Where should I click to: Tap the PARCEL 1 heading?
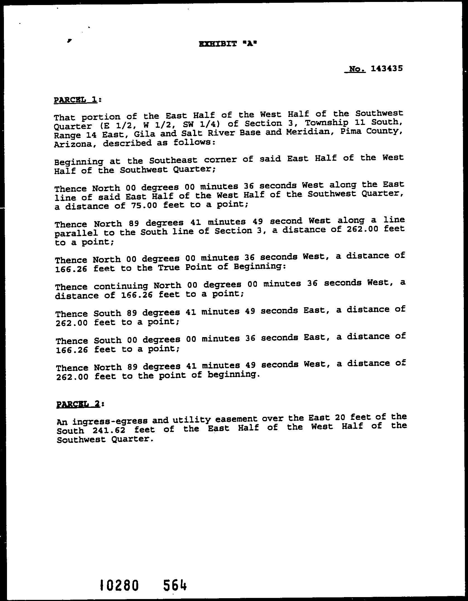pos(75,100)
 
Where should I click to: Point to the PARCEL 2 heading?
pos(78,404)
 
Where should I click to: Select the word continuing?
pos(121,286)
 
